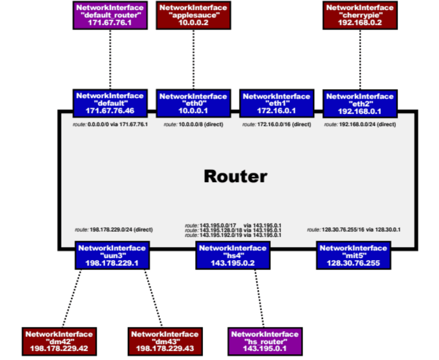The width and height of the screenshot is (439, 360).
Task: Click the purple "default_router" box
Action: coord(110,15)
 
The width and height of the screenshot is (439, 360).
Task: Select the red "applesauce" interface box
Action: coord(194,15)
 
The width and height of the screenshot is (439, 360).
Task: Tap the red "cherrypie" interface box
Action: coord(360,15)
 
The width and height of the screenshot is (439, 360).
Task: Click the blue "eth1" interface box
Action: coord(277,103)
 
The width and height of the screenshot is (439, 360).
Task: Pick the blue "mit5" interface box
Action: coord(353,256)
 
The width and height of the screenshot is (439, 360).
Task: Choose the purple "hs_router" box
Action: coord(265,342)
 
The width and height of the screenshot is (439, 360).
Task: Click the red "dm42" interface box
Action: coord(59,342)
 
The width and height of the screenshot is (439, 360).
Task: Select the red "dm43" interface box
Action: coord(165,342)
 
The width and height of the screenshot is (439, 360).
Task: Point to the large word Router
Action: coord(236,177)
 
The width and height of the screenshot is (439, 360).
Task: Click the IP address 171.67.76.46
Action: coord(110,111)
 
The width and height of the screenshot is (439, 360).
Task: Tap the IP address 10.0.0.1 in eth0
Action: coord(193,111)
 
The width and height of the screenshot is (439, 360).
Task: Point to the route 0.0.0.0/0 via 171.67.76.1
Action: coord(110,124)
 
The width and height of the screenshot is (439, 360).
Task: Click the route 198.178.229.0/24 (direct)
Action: coord(114,230)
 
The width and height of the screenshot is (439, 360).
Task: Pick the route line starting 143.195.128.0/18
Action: coord(233,231)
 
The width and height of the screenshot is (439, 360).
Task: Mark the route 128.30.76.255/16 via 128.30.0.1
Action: coord(354,230)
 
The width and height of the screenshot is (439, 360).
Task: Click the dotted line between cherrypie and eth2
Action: coord(360,60)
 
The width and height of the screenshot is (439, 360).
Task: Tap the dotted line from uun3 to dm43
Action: coord(153,298)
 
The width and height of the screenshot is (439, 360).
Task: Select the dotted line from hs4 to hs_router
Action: coord(259,298)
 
